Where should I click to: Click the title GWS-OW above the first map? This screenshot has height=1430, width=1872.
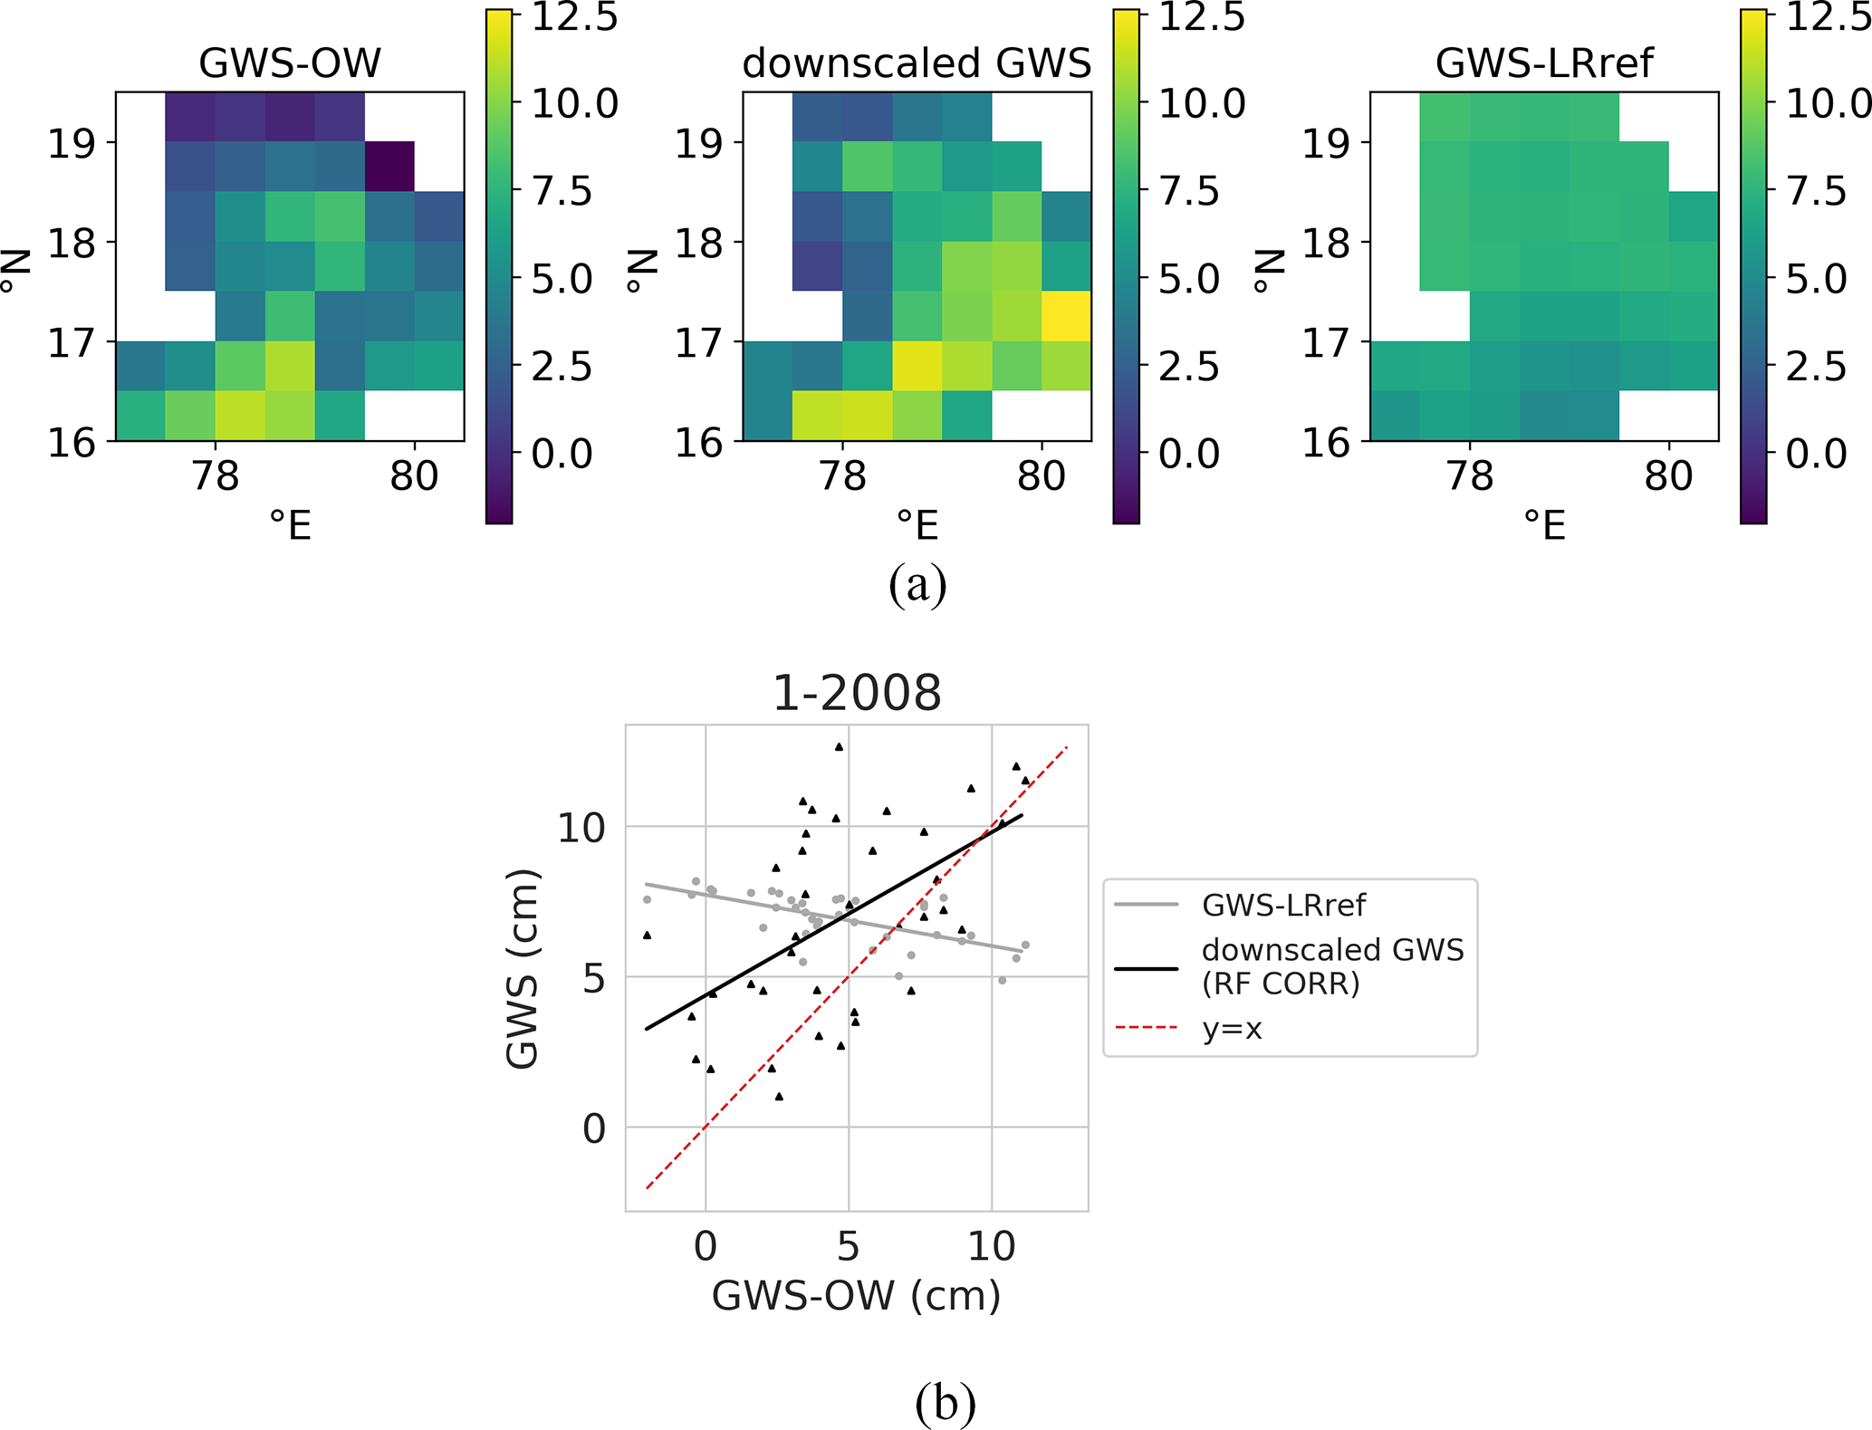click(x=290, y=63)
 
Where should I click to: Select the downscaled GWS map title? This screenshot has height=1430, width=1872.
click(x=917, y=63)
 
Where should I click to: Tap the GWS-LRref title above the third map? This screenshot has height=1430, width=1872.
click(x=1544, y=63)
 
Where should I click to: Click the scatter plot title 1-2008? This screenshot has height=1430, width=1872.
click(x=857, y=693)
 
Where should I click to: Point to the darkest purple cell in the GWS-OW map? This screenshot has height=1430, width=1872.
click(x=389, y=167)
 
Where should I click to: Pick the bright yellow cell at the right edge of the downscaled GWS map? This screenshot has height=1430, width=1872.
click(x=1067, y=316)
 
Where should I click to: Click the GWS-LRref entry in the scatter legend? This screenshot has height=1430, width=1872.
click(x=1283, y=905)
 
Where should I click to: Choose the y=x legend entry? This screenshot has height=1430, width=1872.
click(x=1233, y=1029)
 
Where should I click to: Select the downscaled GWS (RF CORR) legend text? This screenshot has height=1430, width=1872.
click(x=1332, y=966)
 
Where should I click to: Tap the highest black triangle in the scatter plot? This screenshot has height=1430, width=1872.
click(x=839, y=747)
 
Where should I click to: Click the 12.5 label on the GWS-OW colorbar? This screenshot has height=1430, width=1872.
click(x=574, y=17)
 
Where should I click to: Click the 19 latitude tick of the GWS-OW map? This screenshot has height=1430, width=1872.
click(x=71, y=143)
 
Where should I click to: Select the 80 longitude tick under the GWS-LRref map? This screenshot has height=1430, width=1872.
click(x=1668, y=476)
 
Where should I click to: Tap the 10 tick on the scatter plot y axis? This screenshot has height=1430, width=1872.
click(x=581, y=828)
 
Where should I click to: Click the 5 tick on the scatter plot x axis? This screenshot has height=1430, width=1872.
click(x=848, y=1247)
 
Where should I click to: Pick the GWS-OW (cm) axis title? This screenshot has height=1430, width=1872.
click(x=856, y=1296)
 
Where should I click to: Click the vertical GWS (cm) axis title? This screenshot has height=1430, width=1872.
click(x=523, y=968)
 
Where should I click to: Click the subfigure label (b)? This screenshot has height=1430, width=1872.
click(x=946, y=1404)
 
